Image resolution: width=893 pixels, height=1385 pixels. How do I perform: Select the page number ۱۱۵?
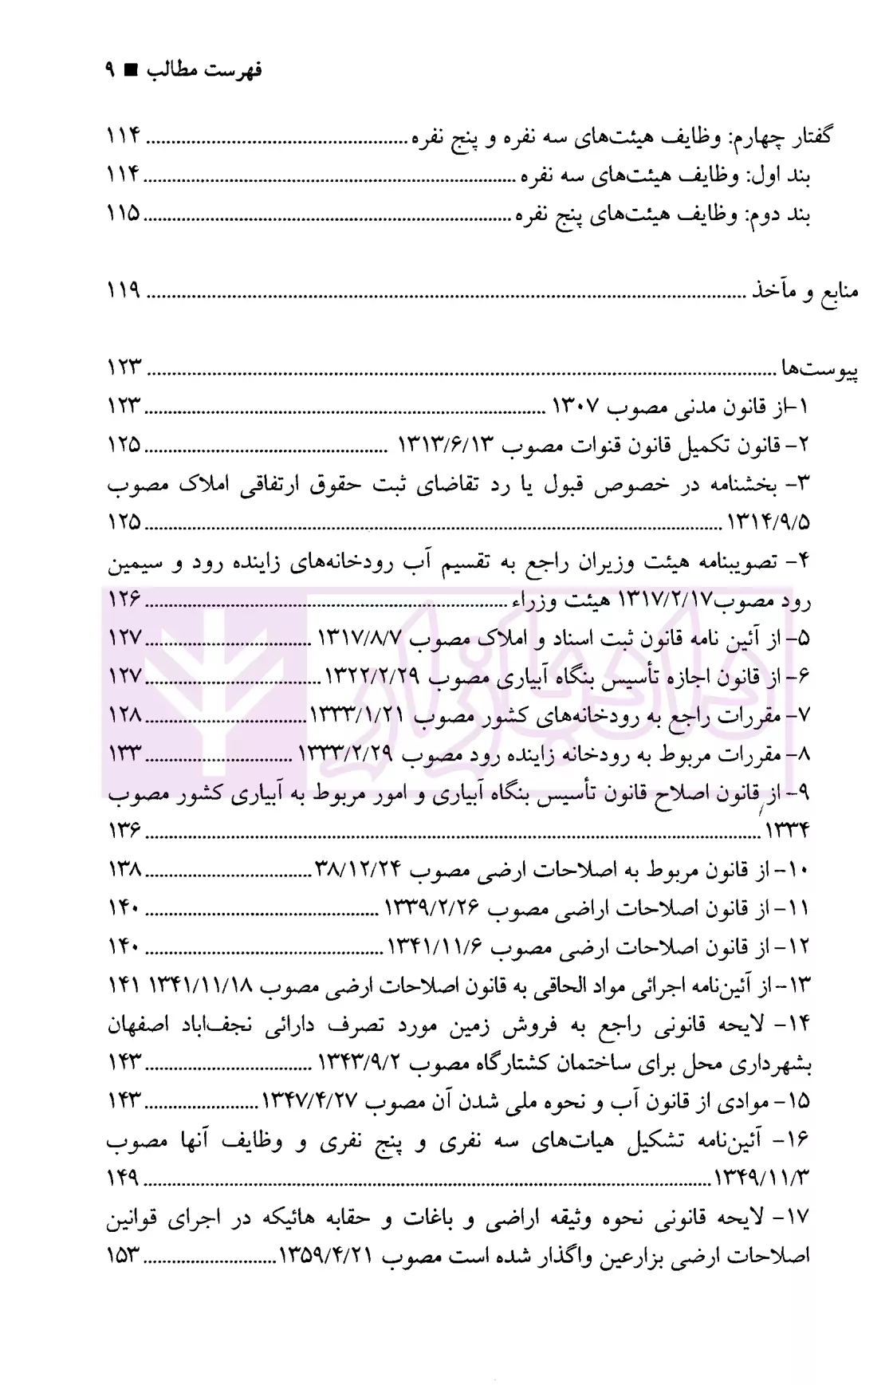(x=124, y=214)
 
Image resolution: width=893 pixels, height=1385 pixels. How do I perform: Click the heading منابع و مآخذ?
(x=806, y=292)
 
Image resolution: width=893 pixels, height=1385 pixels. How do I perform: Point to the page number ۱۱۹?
(x=124, y=292)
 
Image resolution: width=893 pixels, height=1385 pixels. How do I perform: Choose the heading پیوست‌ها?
(x=819, y=370)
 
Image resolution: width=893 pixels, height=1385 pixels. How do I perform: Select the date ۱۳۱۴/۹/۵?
(x=769, y=523)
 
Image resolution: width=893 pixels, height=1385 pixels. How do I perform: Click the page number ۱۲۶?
(x=124, y=599)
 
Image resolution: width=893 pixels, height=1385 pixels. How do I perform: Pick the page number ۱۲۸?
(x=124, y=715)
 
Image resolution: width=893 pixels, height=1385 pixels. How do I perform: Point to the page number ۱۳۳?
(x=124, y=753)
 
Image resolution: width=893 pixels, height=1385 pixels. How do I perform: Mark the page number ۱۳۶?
(x=124, y=831)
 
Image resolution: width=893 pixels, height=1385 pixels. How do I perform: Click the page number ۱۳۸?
(x=124, y=869)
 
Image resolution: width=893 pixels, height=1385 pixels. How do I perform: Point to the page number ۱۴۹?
(x=124, y=1178)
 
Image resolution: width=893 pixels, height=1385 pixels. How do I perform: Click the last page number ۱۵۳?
(x=124, y=1257)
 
